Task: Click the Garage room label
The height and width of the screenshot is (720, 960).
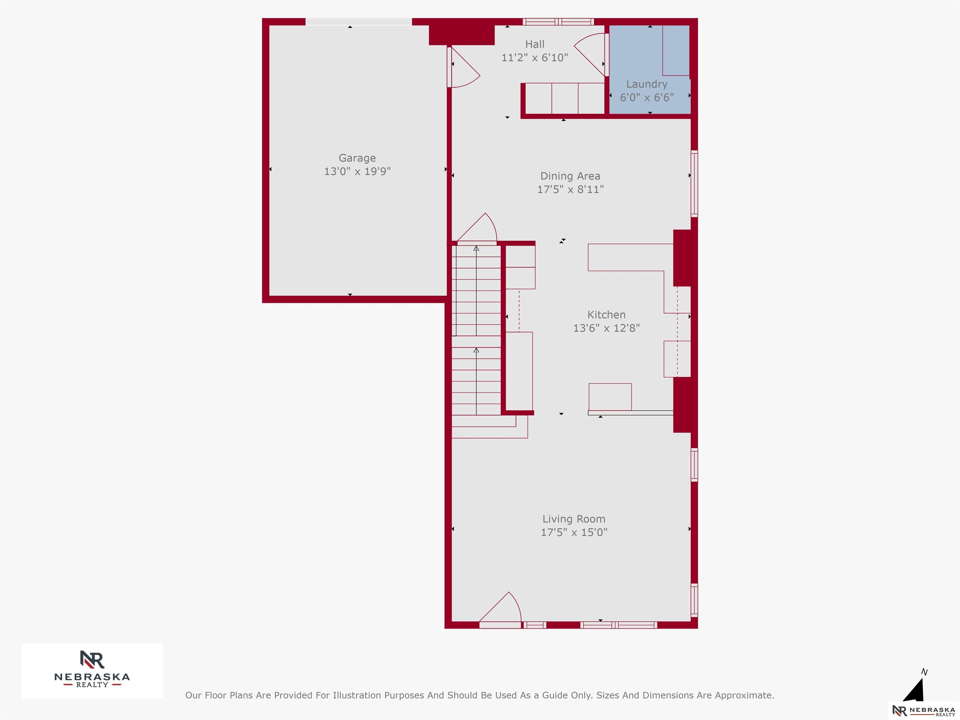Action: [x=357, y=158]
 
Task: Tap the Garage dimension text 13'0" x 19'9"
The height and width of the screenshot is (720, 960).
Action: [x=357, y=172]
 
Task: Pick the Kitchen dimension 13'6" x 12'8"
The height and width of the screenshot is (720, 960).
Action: [x=606, y=328]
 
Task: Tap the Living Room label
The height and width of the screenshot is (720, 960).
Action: [x=574, y=519]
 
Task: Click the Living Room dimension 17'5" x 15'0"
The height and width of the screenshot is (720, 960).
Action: [x=574, y=532]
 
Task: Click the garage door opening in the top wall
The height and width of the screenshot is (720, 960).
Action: [x=358, y=22]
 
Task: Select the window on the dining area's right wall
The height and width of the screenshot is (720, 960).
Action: [x=694, y=183]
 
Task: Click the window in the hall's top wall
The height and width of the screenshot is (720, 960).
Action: [x=558, y=22]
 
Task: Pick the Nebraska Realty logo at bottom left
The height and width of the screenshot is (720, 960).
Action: [x=92, y=671]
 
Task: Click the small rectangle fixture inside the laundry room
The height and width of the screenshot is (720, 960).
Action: [x=676, y=50]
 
